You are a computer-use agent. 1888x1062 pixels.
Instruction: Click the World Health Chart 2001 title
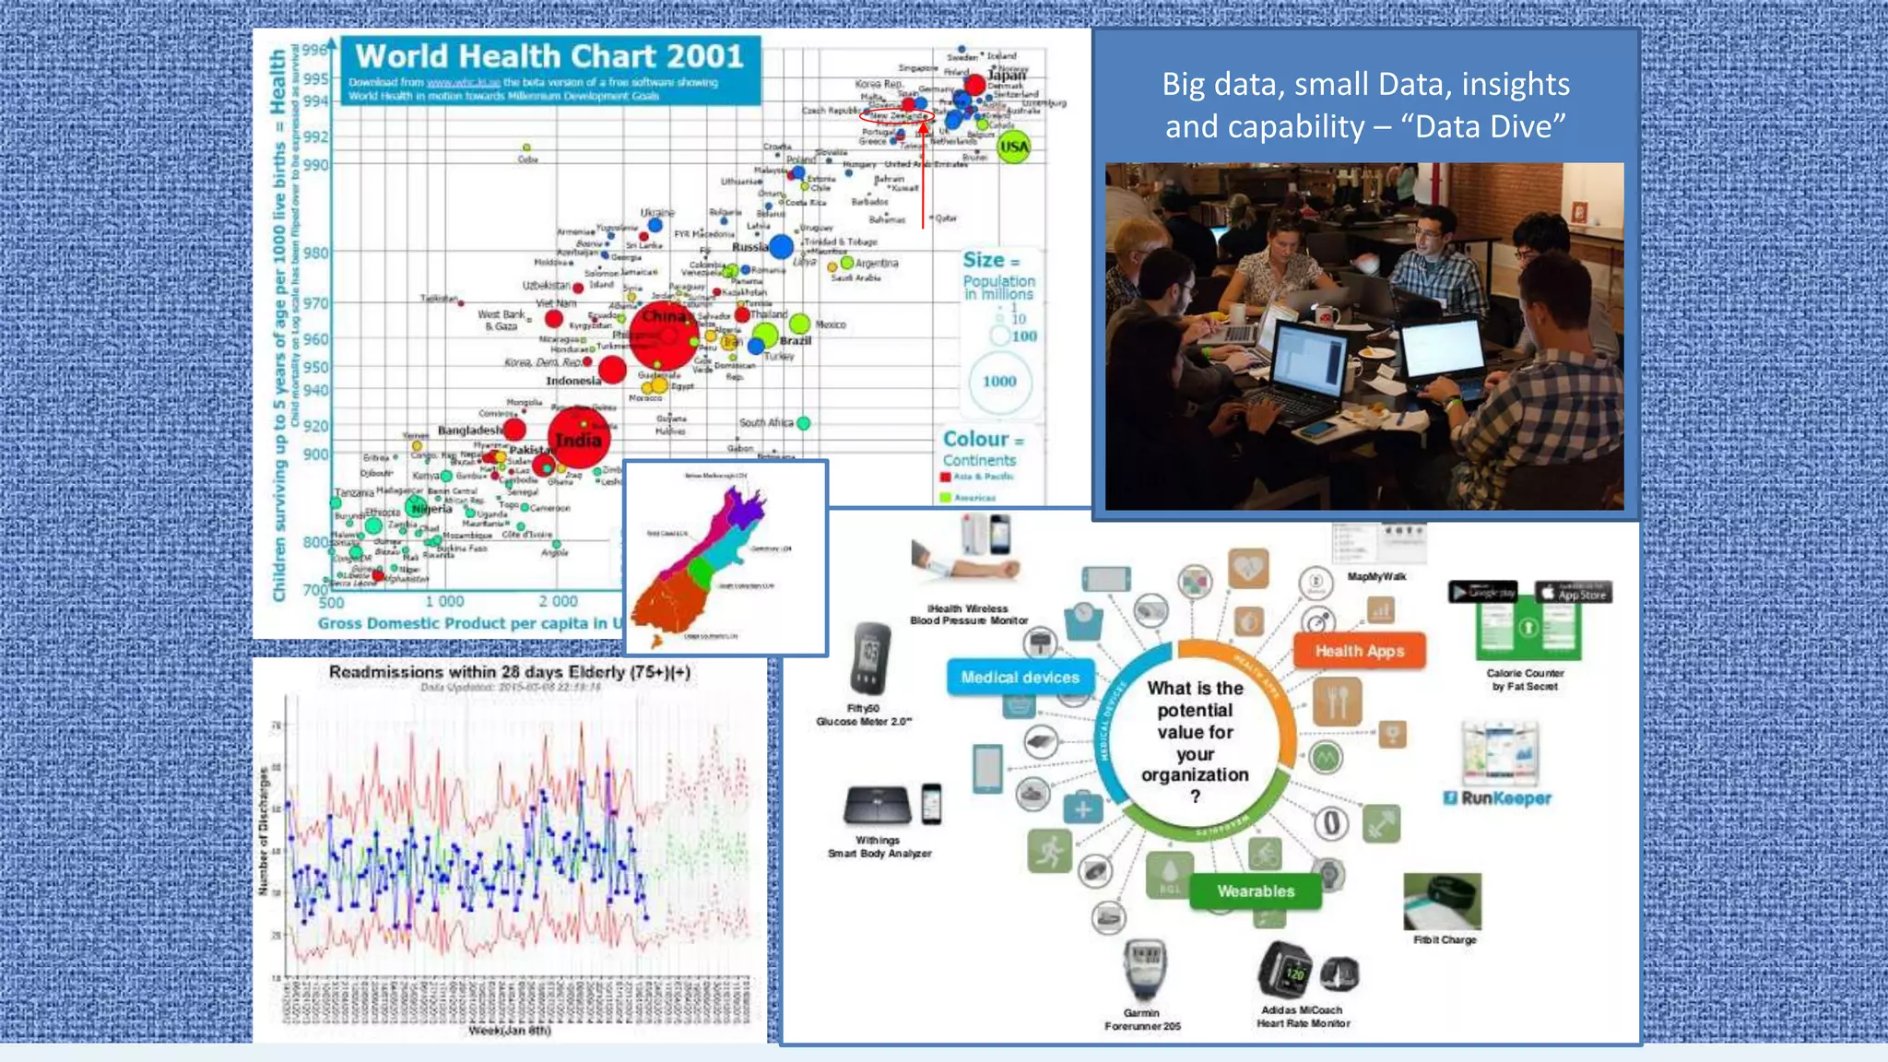point(549,56)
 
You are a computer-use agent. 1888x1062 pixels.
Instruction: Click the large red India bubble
point(579,439)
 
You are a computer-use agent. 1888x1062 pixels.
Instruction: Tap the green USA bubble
point(1014,147)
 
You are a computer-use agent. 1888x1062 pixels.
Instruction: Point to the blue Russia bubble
point(781,246)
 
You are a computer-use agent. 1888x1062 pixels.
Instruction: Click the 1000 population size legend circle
point(999,382)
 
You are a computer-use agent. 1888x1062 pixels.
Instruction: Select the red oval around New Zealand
point(897,116)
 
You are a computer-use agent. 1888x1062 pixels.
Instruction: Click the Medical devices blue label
point(1020,678)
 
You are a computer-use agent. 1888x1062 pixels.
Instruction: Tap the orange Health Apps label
point(1360,651)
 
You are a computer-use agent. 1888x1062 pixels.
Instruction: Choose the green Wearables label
point(1256,891)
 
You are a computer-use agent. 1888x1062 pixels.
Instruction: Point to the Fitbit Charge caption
point(1445,940)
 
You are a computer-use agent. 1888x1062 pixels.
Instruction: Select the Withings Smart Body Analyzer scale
point(878,805)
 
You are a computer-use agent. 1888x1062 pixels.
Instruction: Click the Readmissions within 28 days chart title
point(510,672)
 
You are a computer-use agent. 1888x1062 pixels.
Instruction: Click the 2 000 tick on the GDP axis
point(559,601)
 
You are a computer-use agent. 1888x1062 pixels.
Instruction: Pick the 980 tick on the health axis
point(316,253)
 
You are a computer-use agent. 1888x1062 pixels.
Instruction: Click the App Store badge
point(1575,593)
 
